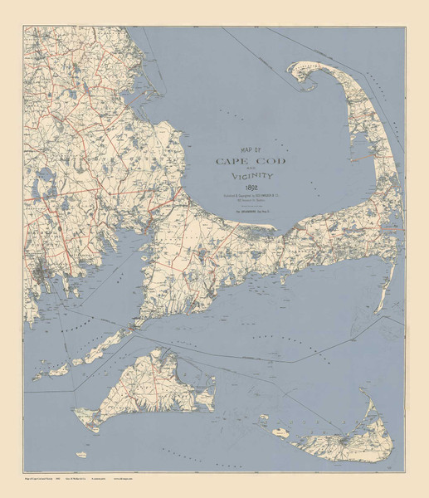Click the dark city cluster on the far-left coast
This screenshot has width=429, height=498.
coord(41,272)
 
